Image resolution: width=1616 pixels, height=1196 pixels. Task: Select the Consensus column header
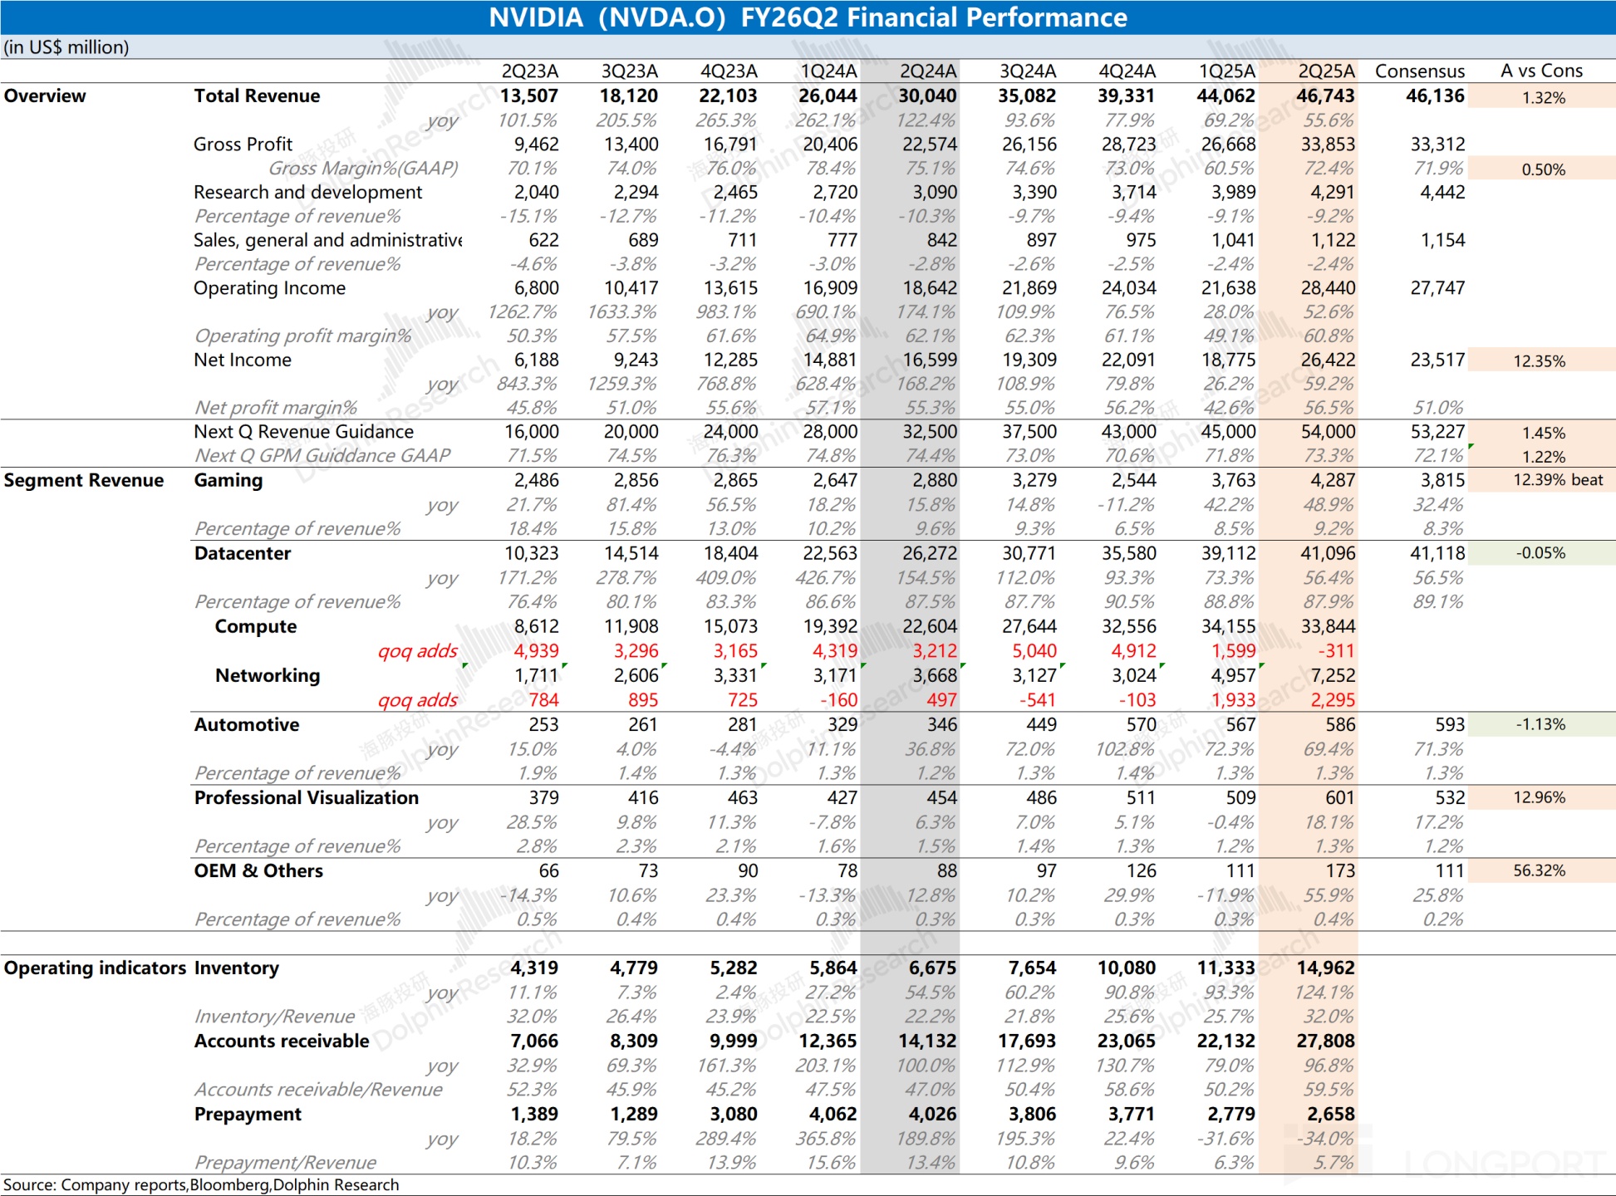click(x=1419, y=71)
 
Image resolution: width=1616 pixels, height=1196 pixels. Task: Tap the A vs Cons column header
click(x=1541, y=71)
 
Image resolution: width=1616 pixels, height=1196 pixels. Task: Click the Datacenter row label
click(x=243, y=554)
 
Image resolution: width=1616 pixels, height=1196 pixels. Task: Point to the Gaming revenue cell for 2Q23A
click(x=536, y=481)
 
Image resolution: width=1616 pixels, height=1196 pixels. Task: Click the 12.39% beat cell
click(x=1557, y=480)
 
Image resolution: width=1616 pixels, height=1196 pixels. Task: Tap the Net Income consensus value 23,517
click(x=1437, y=360)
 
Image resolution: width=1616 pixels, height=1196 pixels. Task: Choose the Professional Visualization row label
click(x=306, y=798)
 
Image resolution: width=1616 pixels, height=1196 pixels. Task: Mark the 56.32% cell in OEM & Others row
click(x=1539, y=870)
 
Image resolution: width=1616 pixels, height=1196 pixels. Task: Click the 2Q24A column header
click(x=928, y=71)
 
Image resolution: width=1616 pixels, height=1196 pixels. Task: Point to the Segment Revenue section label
click(x=84, y=481)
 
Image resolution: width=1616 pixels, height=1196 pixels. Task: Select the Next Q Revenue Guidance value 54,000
click(x=1327, y=432)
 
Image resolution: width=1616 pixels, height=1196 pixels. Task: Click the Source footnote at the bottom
click(x=201, y=1185)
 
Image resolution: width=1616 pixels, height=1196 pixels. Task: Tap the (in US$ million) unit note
click(x=66, y=47)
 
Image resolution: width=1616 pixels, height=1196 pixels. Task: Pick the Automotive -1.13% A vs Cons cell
click(x=1540, y=724)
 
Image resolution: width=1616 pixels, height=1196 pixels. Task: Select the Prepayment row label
click(x=248, y=1115)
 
